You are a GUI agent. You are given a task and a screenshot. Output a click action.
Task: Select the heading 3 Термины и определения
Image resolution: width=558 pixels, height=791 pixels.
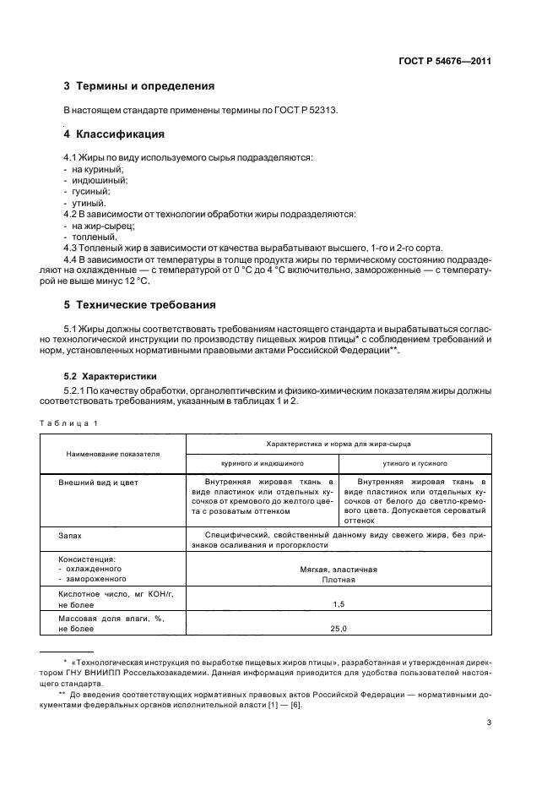click(x=139, y=86)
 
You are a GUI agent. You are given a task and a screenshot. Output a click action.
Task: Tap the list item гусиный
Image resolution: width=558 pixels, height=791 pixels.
click(x=92, y=192)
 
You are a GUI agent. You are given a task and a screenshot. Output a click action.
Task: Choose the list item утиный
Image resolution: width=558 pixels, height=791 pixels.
click(x=89, y=204)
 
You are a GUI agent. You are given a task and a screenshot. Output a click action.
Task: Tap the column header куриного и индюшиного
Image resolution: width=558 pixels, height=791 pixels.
click(x=262, y=464)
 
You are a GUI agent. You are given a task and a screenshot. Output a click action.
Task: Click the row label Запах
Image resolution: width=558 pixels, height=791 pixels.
click(x=71, y=535)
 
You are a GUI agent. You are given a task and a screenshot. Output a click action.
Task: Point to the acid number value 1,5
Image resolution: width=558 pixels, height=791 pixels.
click(x=339, y=603)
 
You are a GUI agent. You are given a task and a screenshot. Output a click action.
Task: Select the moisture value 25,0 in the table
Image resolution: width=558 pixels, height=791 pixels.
click(x=339, y=628)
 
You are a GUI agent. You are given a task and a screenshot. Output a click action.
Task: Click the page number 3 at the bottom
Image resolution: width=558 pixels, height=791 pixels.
click(x=489, y=723)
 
